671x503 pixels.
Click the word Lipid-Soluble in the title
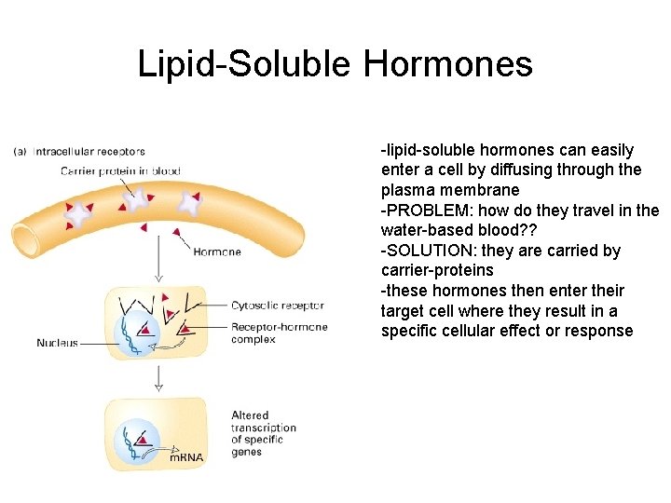pos(245,64)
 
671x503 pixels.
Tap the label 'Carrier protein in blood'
pos(120,170)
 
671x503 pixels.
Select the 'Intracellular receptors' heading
pos(89,151)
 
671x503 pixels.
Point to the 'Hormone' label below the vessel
pos(217,251)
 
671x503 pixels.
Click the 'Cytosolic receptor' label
pos(277,306)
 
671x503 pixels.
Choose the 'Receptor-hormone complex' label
pos(279,333)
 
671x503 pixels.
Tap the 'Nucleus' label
pos(57,343)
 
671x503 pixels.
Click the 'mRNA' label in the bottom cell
pos(186,457)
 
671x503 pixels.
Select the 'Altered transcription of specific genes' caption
pos(264,434)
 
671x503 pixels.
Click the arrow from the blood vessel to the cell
pos(159,256)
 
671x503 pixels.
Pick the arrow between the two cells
pos(159,377)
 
